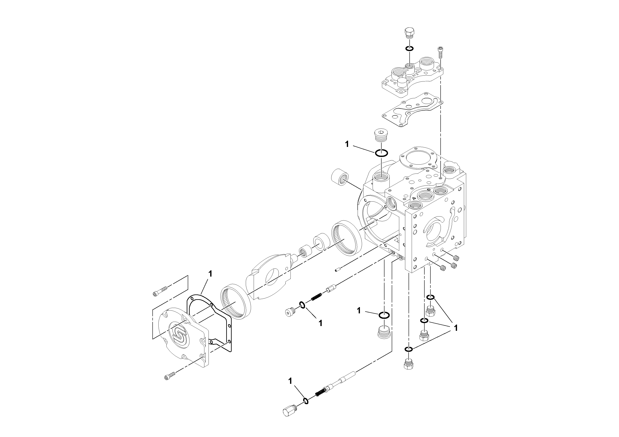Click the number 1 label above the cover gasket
pos(210,274)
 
